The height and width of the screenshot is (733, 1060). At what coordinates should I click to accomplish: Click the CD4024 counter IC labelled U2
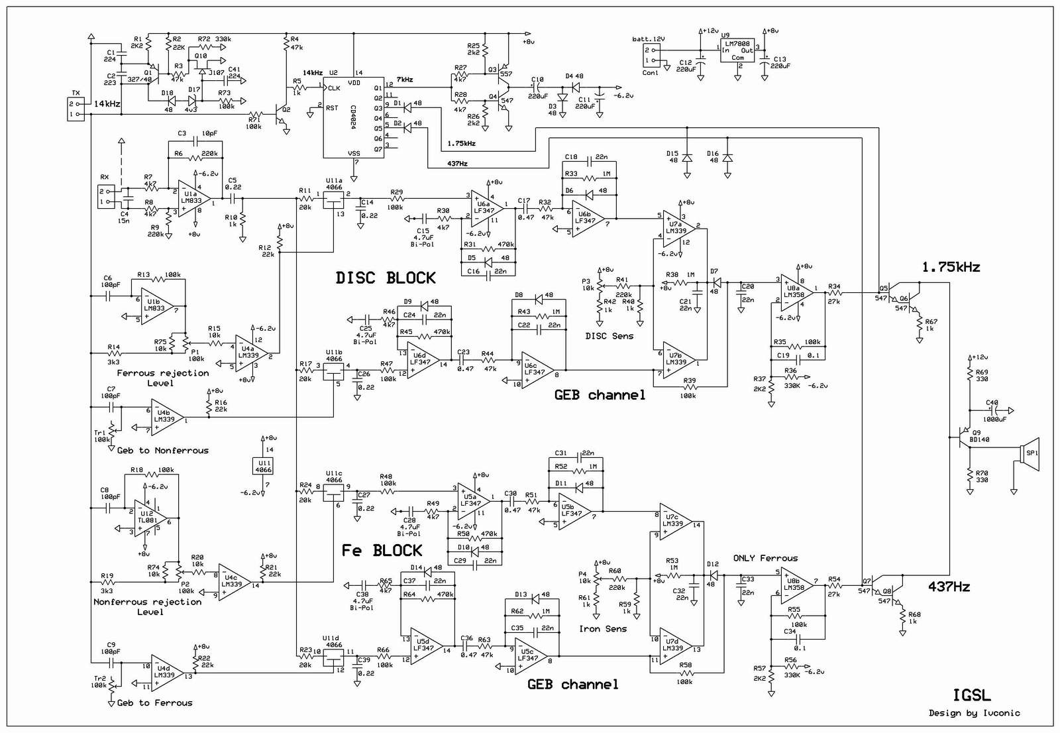[352, 117]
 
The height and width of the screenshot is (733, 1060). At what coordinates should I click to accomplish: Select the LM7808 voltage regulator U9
[737, 51]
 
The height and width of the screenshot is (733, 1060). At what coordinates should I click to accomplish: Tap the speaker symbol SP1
[1030, 454]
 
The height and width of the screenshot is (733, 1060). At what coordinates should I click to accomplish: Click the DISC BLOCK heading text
[386, 278]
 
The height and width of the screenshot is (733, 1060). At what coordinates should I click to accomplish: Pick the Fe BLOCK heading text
[382, 551]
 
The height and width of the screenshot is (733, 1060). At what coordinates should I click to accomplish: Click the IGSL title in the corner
[972, 695]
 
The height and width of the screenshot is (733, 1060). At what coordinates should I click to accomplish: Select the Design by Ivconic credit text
[974, 713]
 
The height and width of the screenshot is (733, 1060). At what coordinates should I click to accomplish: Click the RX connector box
[105, 197]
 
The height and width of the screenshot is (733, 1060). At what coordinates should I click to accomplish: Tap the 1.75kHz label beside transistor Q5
[951, 267]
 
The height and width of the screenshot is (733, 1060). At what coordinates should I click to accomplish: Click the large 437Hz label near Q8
[949, 587]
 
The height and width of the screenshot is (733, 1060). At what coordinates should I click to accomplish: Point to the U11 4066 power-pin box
[263, 466]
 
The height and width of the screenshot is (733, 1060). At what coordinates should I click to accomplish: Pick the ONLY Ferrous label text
[765, 558]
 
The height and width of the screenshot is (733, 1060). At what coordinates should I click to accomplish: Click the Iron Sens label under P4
[602, 628]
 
